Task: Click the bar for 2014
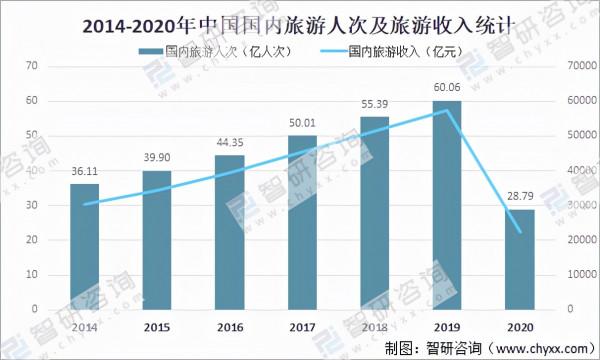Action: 84,245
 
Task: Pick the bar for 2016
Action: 229,231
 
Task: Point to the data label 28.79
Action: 520,200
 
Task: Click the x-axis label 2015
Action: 157,327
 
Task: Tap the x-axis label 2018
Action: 375,327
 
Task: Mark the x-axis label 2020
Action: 520,327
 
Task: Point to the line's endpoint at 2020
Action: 520,232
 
